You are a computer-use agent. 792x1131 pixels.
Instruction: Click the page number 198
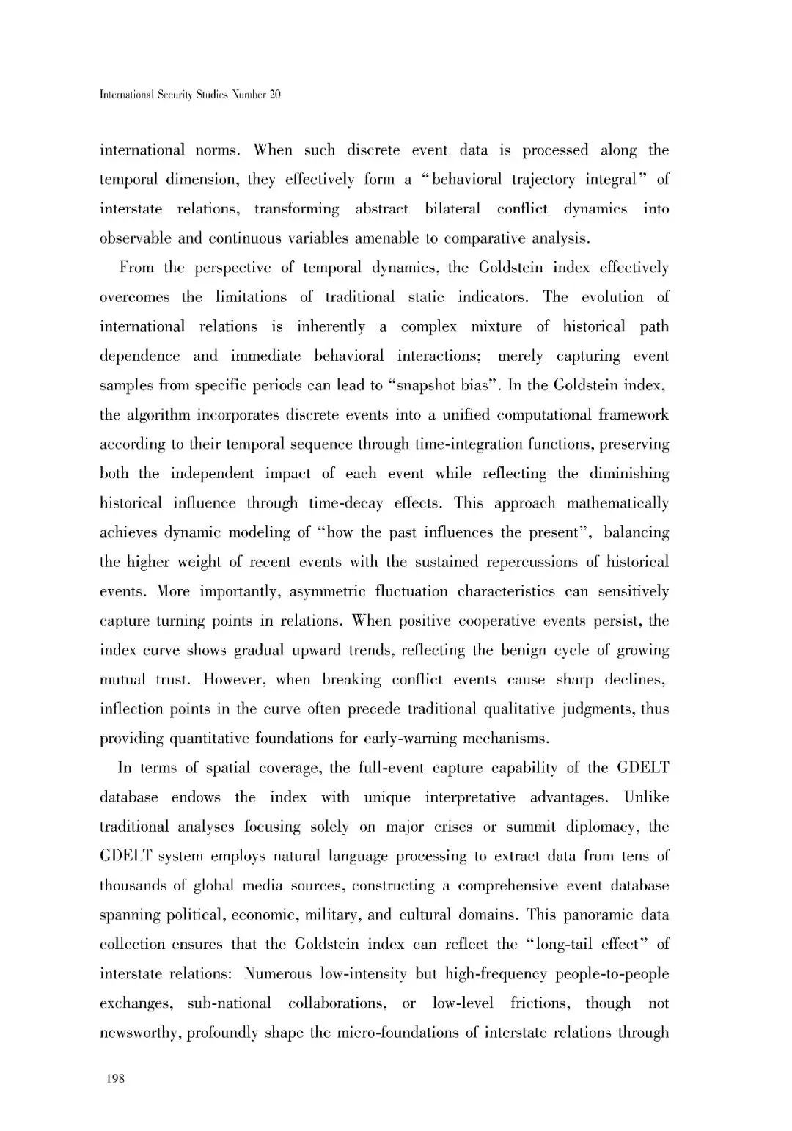tap(116, 1078)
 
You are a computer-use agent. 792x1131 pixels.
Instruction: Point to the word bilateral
tap(452, 209)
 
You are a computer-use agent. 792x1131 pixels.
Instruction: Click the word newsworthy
tap(139, 1033)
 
